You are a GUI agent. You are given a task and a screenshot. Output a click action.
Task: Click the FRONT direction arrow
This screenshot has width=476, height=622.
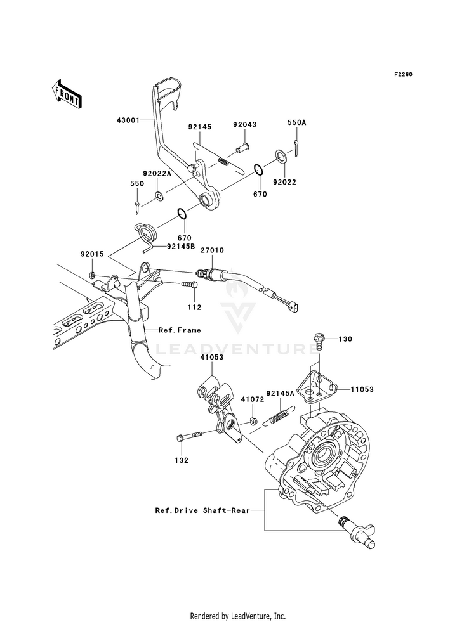click(x=67, y=94)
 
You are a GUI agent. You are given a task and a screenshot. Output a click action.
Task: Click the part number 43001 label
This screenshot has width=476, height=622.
click(x=128, y=120)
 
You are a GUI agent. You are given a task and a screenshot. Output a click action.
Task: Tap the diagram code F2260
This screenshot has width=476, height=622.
click(x=404, y=75)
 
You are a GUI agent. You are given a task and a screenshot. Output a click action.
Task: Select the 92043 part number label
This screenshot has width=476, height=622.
click(x=244, y=124)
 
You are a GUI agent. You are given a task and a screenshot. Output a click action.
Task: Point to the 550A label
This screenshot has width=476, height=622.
click(x=297, y=123)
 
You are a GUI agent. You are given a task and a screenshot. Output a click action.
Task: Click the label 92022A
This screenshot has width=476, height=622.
click(x=157, y=173)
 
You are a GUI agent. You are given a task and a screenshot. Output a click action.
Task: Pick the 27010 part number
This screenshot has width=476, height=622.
click(x=212, y=250)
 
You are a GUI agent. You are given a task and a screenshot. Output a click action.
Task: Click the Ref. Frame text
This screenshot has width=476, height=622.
click(x=180, y=330)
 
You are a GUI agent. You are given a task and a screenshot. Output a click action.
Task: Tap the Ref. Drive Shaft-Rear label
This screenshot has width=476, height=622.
click(x=203, y=510)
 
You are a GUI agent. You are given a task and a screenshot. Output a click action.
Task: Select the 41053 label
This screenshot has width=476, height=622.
click(x=211, y=357)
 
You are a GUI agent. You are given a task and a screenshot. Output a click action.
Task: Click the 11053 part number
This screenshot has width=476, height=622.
click(x=362, y=389)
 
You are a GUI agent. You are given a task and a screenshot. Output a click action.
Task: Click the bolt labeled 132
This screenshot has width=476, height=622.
click(x=188, y=436)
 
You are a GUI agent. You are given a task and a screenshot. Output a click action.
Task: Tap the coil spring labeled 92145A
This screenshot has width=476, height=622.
click(x=281, y=416)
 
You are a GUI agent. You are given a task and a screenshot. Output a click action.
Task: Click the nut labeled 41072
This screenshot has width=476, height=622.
click(x=252, y=420)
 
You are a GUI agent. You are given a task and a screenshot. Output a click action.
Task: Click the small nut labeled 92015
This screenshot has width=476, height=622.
click(x=92, y=275)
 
